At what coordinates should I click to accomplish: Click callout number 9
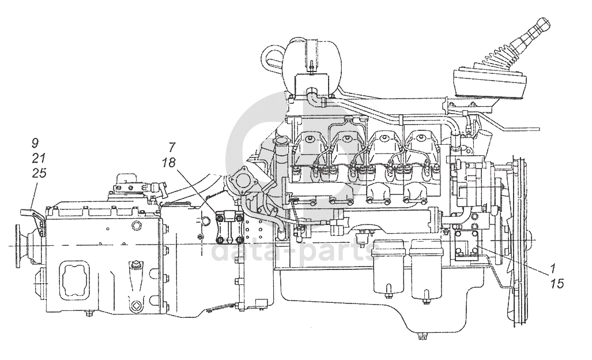[x=36, y=142]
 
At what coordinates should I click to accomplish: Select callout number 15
[x=556, y=283]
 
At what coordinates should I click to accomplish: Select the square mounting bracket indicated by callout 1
[x=466, y=247]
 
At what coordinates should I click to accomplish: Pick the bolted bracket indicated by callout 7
[x=229, y=228]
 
